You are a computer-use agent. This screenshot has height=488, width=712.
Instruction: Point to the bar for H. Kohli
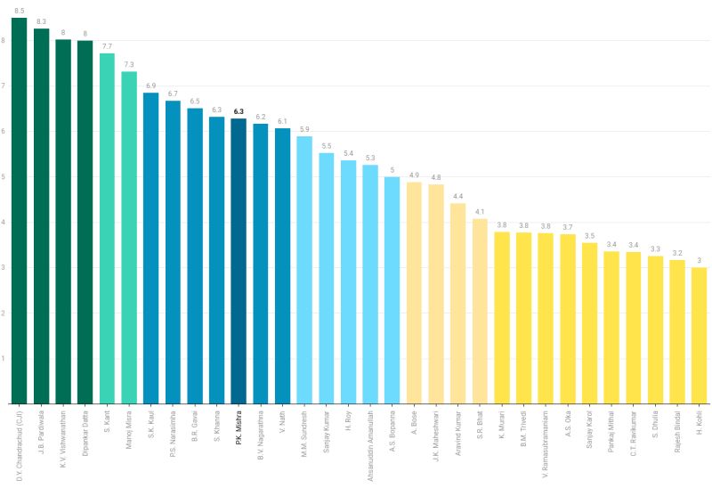click(699, 335)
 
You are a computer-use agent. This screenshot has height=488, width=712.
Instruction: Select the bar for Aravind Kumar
click(457, 303)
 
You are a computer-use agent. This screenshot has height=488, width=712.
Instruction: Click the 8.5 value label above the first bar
click(19, 10)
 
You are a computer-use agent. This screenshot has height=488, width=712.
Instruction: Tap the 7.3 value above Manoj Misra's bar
click(129, 64)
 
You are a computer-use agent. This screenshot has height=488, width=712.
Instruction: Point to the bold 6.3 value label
click(239, 111)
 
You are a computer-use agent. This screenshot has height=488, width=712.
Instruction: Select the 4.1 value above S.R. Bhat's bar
click(480, 212)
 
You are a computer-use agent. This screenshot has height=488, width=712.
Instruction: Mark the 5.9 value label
click(304, 129)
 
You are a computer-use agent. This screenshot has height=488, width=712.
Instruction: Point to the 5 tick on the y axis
click(4, 176)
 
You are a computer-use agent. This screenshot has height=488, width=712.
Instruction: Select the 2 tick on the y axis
click(4, 313)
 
